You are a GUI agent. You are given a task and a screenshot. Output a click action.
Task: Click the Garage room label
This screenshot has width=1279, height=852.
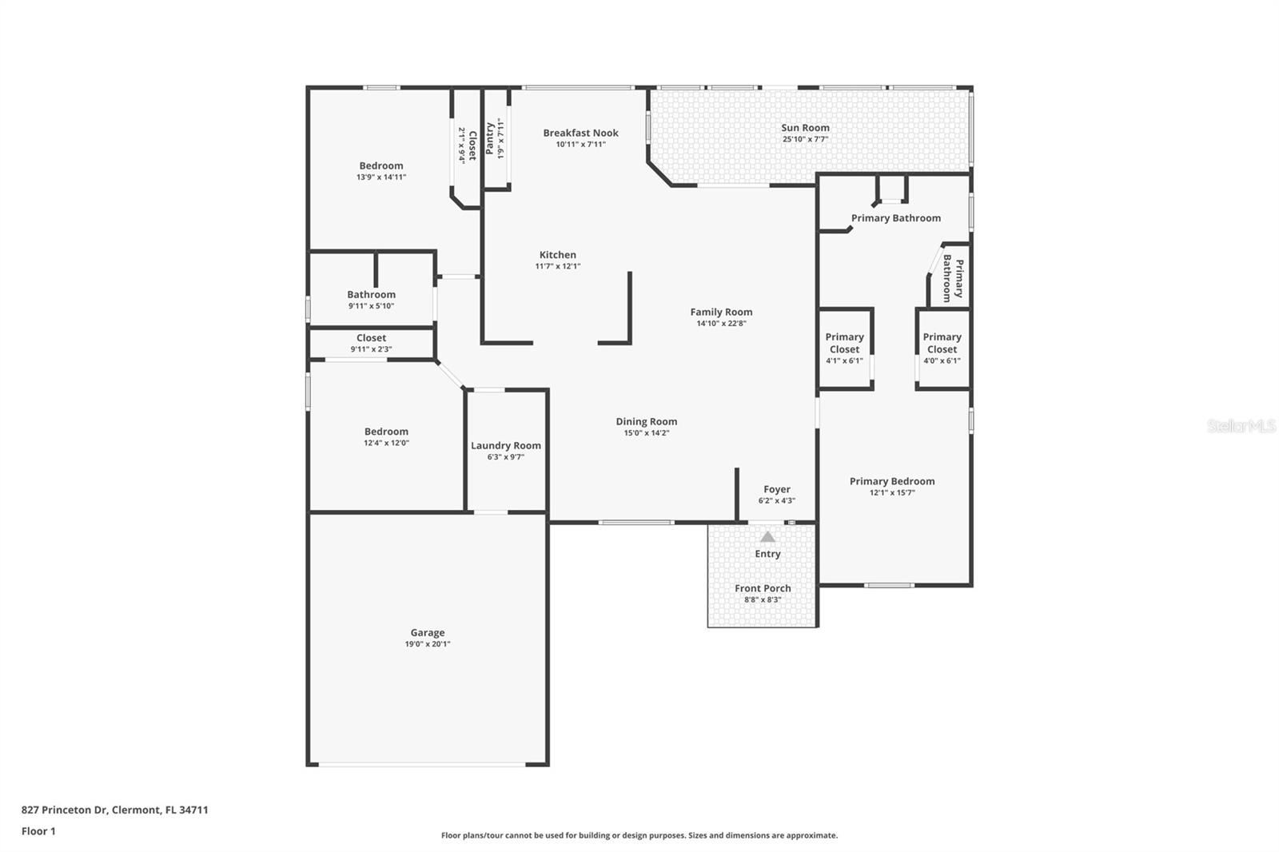coord(428,632)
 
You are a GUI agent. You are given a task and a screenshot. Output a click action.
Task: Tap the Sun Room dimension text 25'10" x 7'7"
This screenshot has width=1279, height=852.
coord(805,139)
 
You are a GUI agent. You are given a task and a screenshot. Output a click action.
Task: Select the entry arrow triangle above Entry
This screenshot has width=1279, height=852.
coord(767,537)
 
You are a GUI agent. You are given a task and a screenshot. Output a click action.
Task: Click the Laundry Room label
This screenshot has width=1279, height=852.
coord(506,445)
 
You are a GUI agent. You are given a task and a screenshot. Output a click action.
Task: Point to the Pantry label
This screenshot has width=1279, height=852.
coord(490,138)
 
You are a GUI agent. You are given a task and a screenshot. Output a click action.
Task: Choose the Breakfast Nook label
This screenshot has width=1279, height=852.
coord(580,133)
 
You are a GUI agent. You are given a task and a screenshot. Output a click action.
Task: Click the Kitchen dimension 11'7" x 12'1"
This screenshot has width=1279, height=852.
coord(558,266)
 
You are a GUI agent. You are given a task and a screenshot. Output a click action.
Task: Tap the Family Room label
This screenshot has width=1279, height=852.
coord(721,312)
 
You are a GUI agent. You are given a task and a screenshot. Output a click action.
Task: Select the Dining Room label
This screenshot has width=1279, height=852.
coord(646,421)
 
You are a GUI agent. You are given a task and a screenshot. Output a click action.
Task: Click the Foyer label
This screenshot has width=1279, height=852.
coord(776,489)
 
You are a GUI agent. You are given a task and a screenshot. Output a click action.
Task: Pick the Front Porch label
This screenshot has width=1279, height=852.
coord(763,588)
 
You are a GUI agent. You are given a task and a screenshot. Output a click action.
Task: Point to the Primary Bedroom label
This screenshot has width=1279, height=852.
coord(892,481)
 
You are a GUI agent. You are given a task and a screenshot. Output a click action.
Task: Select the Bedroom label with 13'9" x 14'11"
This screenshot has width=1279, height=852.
coord(381,165)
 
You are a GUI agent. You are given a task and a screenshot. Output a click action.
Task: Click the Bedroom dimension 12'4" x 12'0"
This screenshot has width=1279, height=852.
coord(386,443)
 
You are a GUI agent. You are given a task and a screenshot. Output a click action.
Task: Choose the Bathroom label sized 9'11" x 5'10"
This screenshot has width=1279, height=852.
coord(371,294)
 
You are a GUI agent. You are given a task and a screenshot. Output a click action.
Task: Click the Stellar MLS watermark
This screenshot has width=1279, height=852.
coord(1241,426)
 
